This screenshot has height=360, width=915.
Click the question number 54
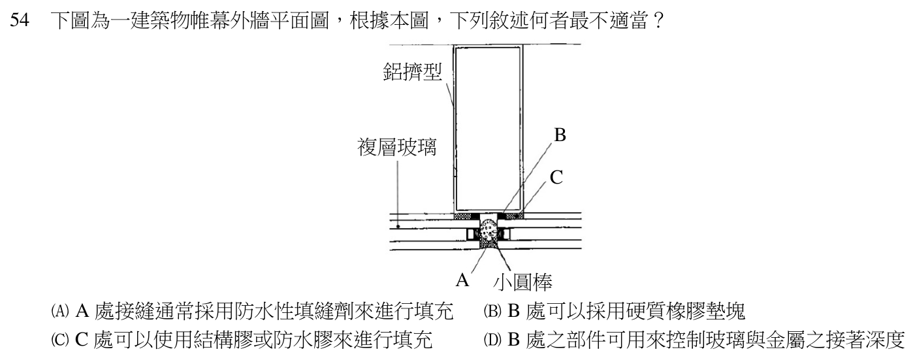[20, 20]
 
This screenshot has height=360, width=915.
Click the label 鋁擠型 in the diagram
[413, 72]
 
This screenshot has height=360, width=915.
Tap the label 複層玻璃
[397, 147]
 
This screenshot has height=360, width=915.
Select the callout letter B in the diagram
[560, 135]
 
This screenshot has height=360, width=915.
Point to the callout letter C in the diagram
[556, 177]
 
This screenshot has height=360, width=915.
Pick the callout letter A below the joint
[462, 280]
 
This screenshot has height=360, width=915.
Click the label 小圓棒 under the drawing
[523, 282]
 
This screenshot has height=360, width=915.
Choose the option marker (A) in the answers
[60, 312]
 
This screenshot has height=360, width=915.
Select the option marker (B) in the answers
[492, 312]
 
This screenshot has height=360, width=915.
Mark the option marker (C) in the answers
[60, 340]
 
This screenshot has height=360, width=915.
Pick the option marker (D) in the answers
[492, 340]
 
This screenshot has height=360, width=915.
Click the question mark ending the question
[657, 20]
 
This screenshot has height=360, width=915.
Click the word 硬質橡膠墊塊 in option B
[685, 312]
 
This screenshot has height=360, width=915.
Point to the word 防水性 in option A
[265, 312]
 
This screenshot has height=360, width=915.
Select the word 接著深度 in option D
[865, 340]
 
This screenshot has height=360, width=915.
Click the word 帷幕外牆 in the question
[230, 20]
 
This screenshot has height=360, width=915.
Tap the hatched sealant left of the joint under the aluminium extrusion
[463, 216]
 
